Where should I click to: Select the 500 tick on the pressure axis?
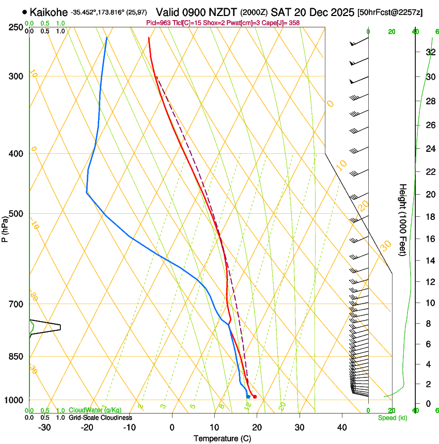coord(17,214)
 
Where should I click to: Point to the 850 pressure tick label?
coord(17,356)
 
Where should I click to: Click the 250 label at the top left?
coord(17,27)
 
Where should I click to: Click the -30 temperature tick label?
coord(44,427)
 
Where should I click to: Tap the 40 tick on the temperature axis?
coord(341,427)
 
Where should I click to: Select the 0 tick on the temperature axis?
coord(172,427)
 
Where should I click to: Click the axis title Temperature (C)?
coord(222,438)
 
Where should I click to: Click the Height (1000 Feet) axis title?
coord(403,219)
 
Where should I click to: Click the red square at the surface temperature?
coord(255,397)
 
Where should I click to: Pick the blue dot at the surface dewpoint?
coord(248,397)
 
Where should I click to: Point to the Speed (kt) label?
coord(392,417)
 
